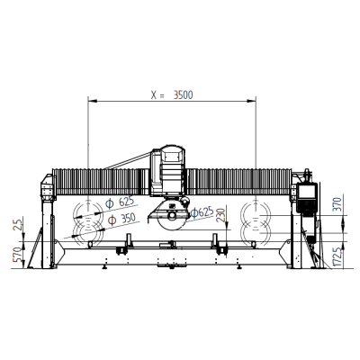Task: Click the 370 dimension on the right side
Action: (x=337, y=202)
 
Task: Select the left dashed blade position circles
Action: (x=89, y=222)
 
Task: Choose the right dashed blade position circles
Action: (x=256, y=222)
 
